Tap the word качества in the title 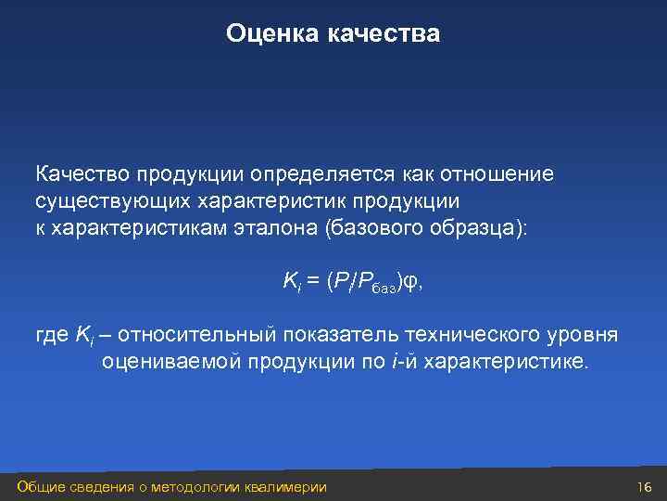click(x=382, y=34)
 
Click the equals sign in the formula click(x=311, y=282)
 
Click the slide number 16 click(x=645, y=488)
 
